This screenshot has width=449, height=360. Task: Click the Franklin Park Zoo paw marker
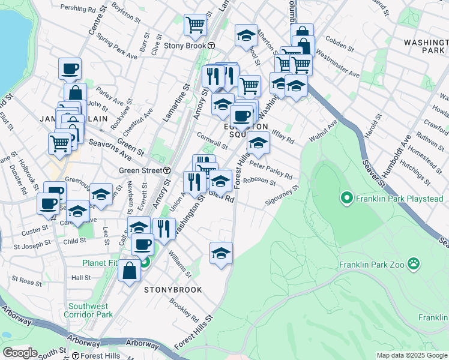413,263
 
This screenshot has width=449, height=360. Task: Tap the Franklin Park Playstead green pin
346,197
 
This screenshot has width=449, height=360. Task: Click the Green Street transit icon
167,170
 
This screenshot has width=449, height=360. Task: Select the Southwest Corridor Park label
88,310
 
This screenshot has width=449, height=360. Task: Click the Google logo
20,353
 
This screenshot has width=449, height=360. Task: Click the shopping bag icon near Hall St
129,271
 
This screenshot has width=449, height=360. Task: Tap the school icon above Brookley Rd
221,252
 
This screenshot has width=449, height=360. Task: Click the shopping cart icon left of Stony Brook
195,25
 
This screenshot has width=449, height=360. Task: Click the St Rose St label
26,280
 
